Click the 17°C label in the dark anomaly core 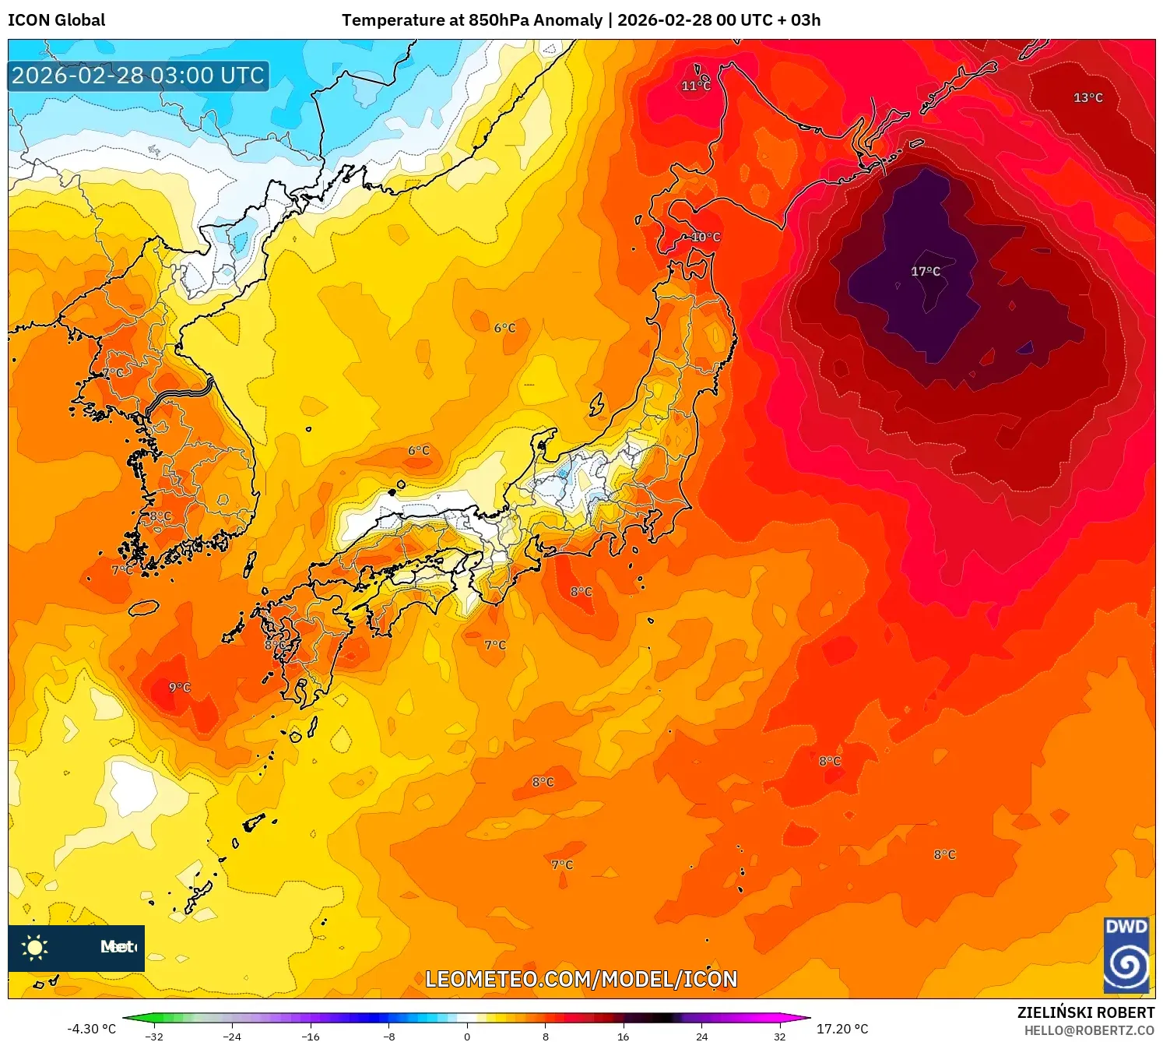coord(926,271)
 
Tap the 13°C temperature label coord(1087,97)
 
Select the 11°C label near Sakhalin coord(696,86)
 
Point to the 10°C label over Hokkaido coord(705,237)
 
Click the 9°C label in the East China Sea coord(180,687)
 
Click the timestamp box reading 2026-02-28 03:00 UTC coord(139,76)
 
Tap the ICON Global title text coord(56,20)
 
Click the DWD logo coord(1126,955)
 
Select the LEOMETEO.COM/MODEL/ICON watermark coord(581,979)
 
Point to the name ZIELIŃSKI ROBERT coord(1085,1012)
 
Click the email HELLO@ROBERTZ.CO coord(1088,1030)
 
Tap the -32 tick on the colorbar coord(154,1036)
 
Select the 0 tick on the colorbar coord(467,1036)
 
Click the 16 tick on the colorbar coord(623,1036)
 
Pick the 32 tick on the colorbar coord(779,1036)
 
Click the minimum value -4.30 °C coord(91,1029)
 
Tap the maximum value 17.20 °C coord(842,1029)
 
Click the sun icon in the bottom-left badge coord(35,947)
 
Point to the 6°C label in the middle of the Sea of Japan coord(504,328)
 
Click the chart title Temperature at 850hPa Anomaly coord(472,20)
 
